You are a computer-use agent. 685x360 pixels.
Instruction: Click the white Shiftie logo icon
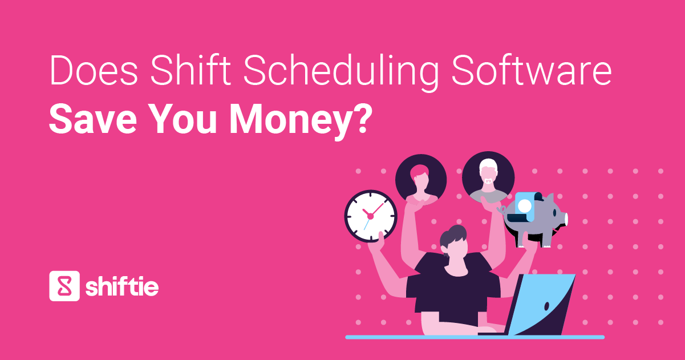(63, 285)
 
